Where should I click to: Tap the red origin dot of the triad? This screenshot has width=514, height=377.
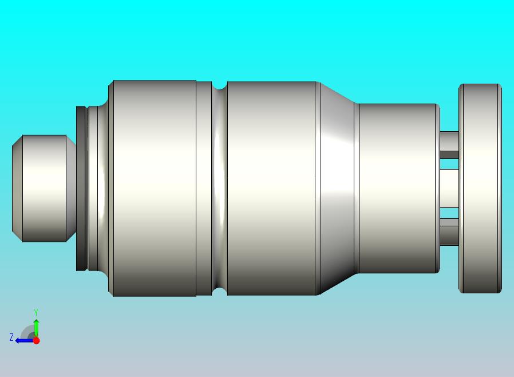point(37,340)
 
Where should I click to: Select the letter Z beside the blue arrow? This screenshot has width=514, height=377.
point(11,337)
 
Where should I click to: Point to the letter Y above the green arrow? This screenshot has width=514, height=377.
point(36,312)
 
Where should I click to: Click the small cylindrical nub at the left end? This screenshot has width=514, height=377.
point(44,188)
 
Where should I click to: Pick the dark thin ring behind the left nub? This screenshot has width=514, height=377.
point(81,188)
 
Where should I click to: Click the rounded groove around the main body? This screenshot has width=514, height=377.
point(219,188)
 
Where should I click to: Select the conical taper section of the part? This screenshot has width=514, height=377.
point(337,188)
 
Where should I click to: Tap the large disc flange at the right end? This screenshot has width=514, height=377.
point(480,188)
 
